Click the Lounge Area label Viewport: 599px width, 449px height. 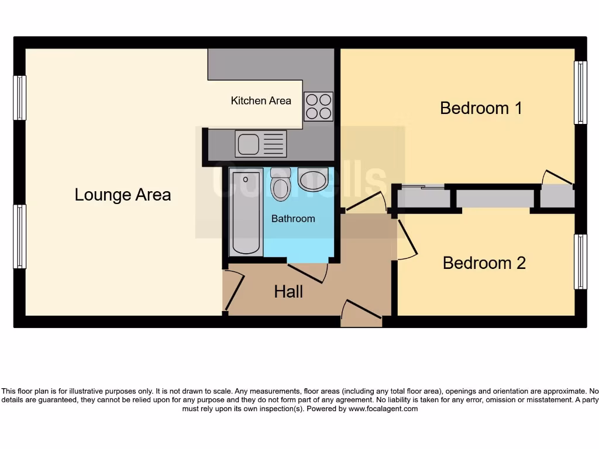[123, 195]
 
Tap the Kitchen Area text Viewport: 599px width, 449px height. [261, 101]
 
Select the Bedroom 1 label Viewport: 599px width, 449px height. [481, 108]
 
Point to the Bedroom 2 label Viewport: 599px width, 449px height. [484, 263]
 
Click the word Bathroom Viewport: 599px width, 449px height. [293, 219]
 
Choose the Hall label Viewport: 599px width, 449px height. [288, 291]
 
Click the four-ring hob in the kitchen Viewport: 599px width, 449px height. [318, 106]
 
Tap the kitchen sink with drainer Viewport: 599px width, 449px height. [261, 144]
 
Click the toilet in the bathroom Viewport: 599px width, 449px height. [281, 184]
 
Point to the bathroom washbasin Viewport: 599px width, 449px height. [313, 179]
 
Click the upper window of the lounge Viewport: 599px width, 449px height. [20, 98]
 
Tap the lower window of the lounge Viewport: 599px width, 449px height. [20, 237]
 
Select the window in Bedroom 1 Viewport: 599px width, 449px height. [580, 92]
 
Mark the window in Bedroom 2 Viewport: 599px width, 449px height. [580, 262]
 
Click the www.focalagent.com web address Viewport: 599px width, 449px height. [383, 409]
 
